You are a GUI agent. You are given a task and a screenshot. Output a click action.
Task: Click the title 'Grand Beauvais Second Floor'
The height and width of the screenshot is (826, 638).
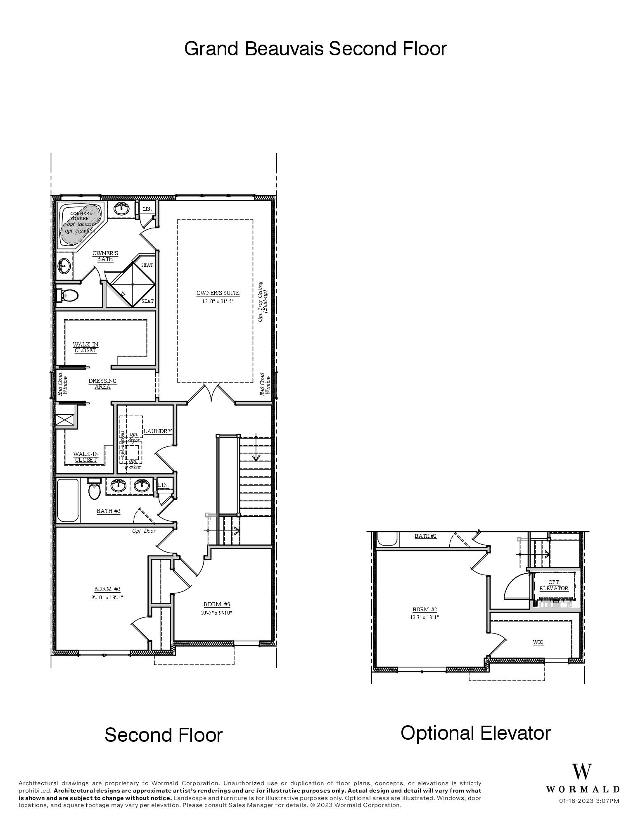315,49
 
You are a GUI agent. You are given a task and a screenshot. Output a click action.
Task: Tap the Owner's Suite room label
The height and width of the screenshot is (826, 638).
218,293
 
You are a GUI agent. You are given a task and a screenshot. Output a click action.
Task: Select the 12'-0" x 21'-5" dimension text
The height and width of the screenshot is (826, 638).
218,301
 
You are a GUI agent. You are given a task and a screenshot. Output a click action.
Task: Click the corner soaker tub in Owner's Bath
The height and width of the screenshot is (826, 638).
80,225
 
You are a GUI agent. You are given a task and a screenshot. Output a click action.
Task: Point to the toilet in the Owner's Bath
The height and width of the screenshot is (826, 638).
69,295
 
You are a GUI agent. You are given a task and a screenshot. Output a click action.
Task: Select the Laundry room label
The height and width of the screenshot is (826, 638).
157,431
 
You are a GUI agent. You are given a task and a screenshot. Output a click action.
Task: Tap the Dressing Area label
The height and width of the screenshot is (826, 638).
102,384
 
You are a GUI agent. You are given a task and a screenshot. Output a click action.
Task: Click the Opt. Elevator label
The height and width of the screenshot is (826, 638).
554,585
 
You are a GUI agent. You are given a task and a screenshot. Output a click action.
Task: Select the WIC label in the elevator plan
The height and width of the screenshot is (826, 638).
538,642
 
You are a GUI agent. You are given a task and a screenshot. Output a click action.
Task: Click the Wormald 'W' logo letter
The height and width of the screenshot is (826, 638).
582,771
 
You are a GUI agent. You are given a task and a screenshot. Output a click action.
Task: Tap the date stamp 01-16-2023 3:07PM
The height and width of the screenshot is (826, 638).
589,801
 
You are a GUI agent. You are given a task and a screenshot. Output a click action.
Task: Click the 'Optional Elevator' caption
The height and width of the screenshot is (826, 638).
475,733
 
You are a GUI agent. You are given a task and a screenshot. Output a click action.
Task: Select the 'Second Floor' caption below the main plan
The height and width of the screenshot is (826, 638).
164,735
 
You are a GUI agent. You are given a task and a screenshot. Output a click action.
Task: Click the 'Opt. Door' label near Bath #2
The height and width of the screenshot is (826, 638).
143,531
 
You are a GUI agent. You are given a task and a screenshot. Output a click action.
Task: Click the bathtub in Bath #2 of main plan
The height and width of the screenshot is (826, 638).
68,500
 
